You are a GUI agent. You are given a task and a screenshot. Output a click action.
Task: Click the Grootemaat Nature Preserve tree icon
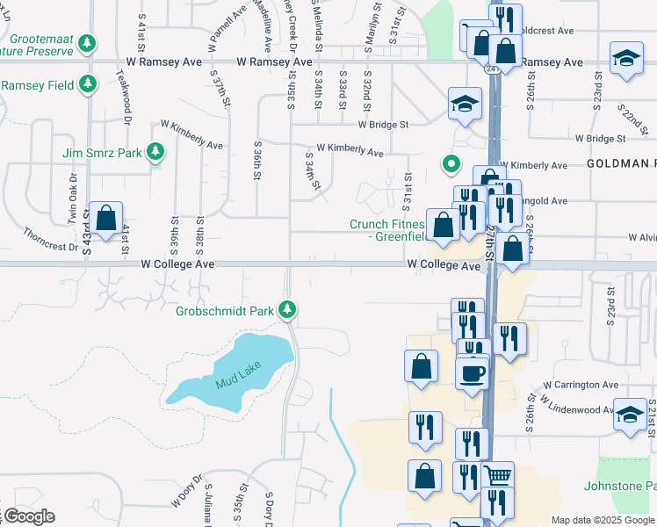(x=87, y=43)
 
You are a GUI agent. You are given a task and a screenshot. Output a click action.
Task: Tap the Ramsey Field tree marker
(x=87, y=84)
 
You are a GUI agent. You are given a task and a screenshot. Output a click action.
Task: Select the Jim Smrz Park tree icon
(x=155, y=153)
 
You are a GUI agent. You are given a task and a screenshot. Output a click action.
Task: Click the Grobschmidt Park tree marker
(x=287, y=310)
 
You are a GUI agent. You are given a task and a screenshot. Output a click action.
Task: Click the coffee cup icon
(x=473, y=374)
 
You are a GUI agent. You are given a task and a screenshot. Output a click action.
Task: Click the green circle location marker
(x=451, y=162)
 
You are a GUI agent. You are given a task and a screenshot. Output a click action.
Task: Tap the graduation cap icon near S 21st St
(x=631, y=415)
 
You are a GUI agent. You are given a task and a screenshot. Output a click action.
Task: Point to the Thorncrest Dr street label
(x=52, y=241)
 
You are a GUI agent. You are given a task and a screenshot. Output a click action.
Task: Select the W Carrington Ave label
(x=581, y=385)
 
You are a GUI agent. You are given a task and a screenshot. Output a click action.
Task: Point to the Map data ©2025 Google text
(x=603, y=520)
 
